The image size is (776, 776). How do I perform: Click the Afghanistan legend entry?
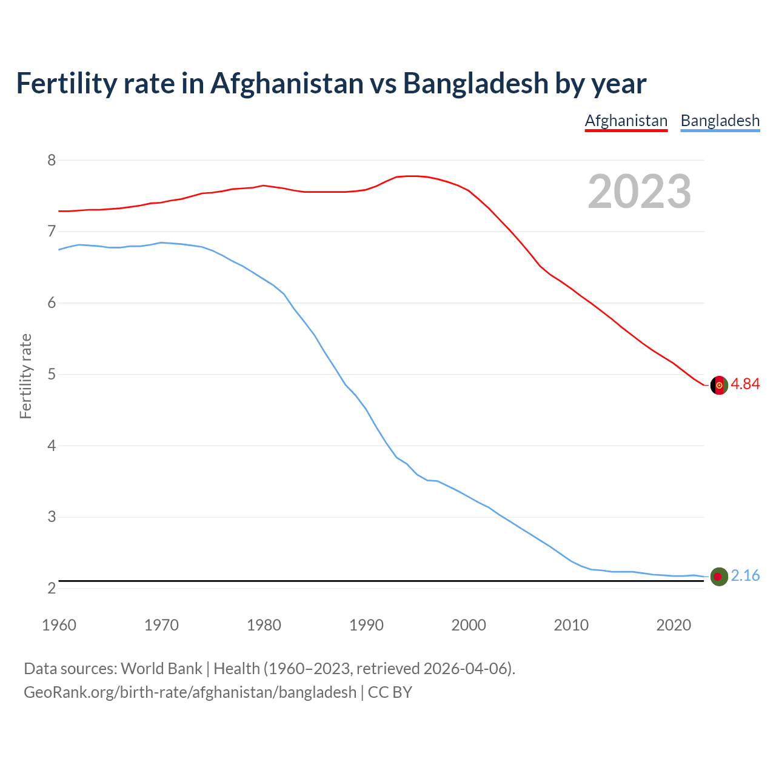pos(626,121)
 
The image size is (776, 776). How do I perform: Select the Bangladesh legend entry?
pos(720,121)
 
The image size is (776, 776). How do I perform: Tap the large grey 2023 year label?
pos(639,192)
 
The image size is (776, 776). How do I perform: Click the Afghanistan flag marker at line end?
pos(718,385)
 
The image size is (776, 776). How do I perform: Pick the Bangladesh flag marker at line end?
pos(718,577)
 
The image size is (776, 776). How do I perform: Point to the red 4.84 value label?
pos(745,384)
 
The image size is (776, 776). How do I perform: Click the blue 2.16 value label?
pos(745,576)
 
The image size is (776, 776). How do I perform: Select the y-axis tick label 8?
pos(51,161)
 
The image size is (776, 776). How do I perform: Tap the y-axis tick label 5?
pos(51,375)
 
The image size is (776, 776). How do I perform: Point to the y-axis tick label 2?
pos(51,589)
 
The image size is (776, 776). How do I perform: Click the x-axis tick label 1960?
pos(59,625)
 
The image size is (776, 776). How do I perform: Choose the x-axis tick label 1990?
pos(366,625)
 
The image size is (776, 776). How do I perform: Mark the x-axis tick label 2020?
pos(674,625)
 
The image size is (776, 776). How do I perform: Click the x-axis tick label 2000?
pos(469,625)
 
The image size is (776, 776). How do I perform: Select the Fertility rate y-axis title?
pos(25,376)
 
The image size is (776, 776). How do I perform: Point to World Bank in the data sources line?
pos(161,669)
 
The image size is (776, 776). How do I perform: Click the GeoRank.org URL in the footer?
pos(190,692)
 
